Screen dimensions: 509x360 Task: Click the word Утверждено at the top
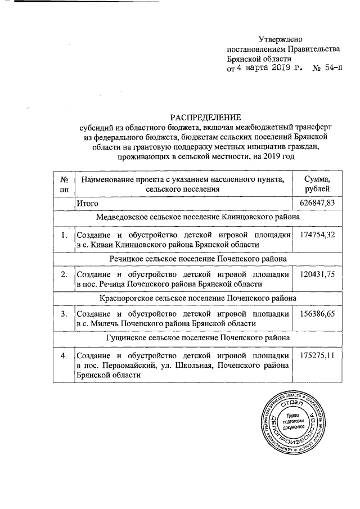(x=280, y=39)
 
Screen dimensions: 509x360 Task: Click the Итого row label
(x=88, y=202)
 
